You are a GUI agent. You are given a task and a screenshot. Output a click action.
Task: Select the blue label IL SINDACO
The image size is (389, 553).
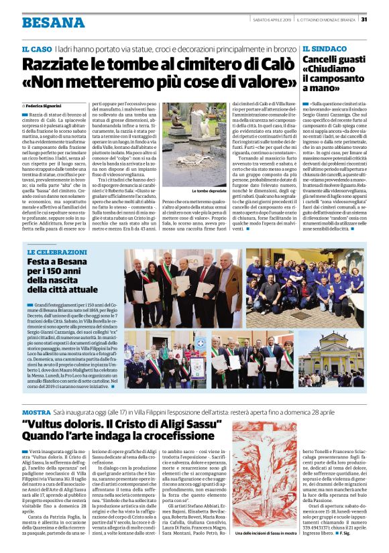(x=325, y=50)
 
